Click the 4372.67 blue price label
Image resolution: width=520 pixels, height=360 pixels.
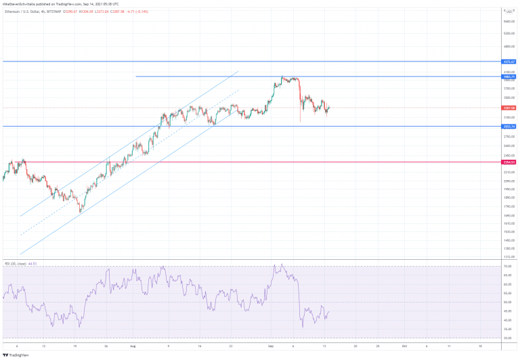coord(509,62)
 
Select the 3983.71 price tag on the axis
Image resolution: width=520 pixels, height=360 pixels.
coord(509,76)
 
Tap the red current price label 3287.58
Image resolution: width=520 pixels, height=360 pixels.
coord(509,108)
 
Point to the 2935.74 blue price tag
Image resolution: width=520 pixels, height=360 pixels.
coord(509,127)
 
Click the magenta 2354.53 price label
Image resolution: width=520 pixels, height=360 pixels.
coord(509,162)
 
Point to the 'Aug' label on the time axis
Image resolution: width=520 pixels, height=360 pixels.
coord(133,345)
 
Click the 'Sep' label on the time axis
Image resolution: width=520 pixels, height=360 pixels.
coord(271,345)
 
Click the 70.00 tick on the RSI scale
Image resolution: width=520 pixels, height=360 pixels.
coord(507,267)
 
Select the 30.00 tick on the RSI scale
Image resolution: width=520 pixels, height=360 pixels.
coord(507,338)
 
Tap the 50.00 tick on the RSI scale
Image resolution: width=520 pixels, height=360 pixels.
coord(507,302)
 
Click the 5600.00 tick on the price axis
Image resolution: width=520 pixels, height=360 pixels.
coord(508,22)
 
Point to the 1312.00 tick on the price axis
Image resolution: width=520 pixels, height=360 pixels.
coord(508,257)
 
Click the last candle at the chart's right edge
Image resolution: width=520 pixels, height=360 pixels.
coord(328,108)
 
